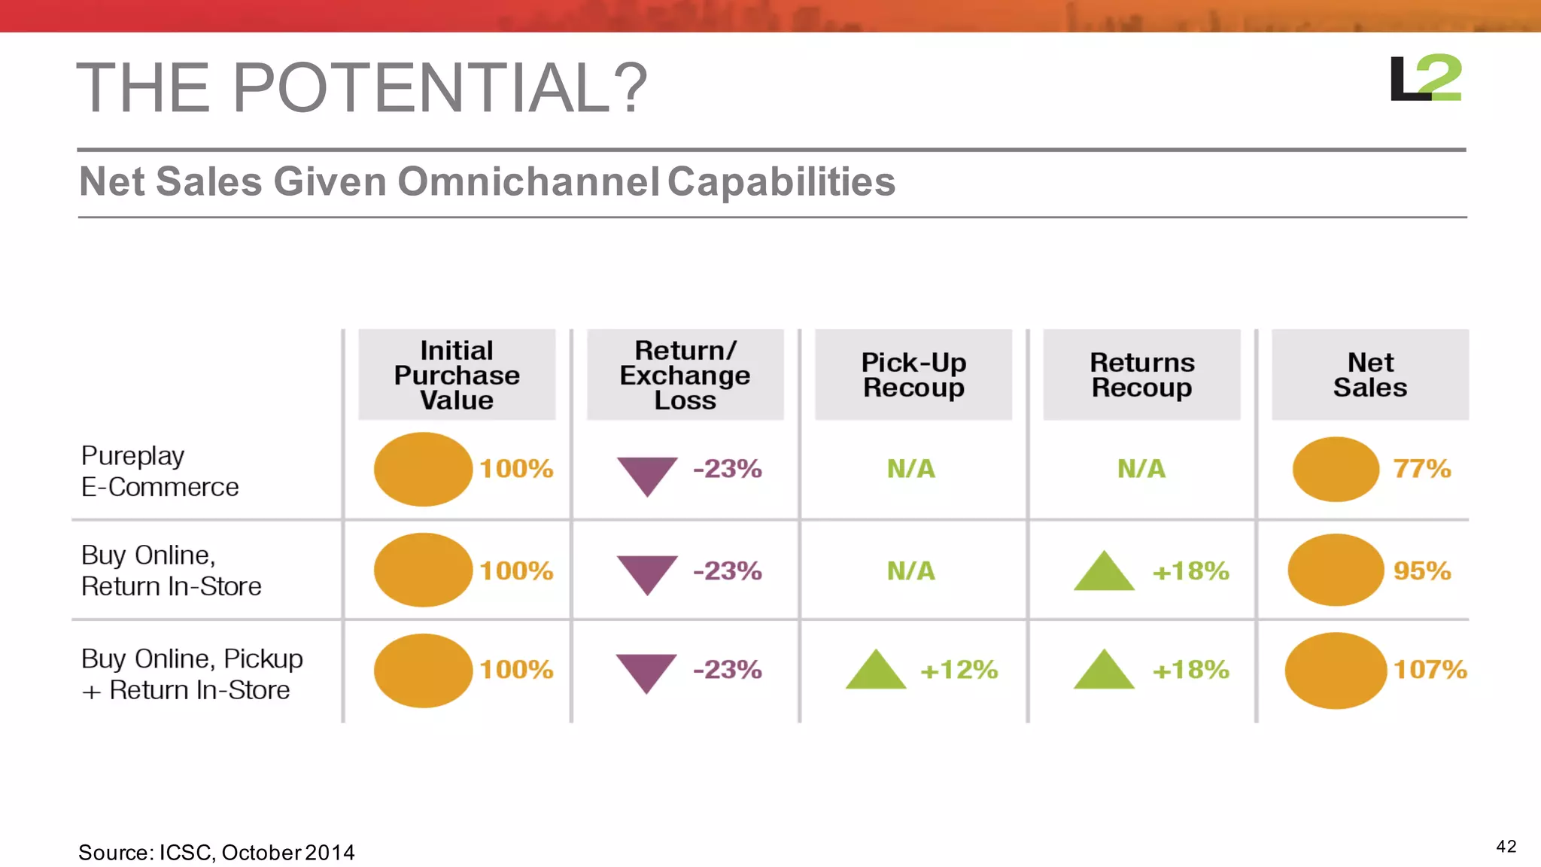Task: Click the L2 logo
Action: click(x=1425, y=78)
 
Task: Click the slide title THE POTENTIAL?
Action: click(x=361, y=88)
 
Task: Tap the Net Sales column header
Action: click(x=1370, y=375)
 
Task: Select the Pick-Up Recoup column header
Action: click(x=913, y=375)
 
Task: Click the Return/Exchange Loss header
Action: click(x=685, y=375)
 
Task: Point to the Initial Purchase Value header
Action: click(x=457, y=375)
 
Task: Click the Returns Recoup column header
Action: click(x=1141, y=375)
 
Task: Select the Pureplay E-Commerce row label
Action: click(x=160, y=471)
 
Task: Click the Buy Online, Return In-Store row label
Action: click(x=171, y=570)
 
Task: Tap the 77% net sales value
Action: click(x=1421, y=469)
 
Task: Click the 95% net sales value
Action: click(x=1421, y=570)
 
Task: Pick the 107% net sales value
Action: click(x=1430, y=669)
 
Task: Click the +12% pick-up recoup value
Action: click(x=959, y=669)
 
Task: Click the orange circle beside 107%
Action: click(x=1336, y=670)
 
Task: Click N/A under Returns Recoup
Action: click(x=1141, y=469)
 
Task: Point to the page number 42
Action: click(x=1506, y=847)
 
